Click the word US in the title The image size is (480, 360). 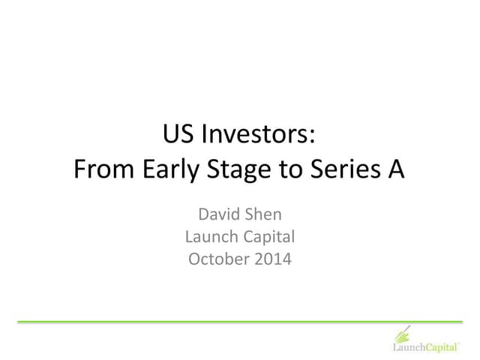[178, 136]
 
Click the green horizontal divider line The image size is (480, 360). [240, 322]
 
